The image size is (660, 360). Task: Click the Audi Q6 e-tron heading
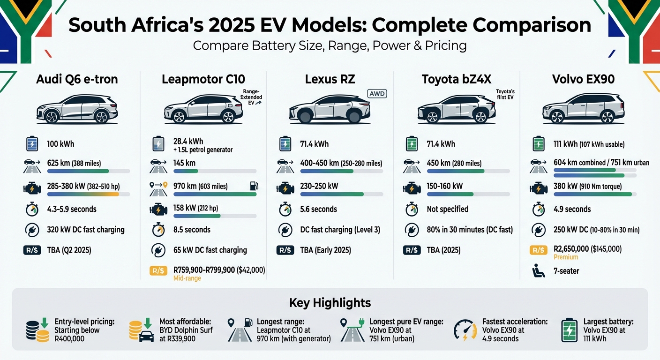point(77,79)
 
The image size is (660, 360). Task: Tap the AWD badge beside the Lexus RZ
point(377,94)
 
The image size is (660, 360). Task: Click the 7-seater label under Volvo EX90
point(566,271)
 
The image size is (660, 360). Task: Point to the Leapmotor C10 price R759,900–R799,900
point(219,270)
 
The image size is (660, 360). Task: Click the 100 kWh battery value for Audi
point(61,143)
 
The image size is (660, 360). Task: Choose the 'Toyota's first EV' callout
point(505,95)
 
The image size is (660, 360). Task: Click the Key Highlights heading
point(330,302)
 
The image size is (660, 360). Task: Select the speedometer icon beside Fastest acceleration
point(465,330)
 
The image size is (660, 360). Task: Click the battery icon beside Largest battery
point(569,330)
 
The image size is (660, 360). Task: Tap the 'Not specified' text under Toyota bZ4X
point(447,209)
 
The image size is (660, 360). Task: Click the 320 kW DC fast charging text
point(86,230)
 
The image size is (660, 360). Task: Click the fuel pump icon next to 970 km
point(254,186)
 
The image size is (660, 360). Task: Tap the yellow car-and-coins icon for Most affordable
point(141,330)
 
